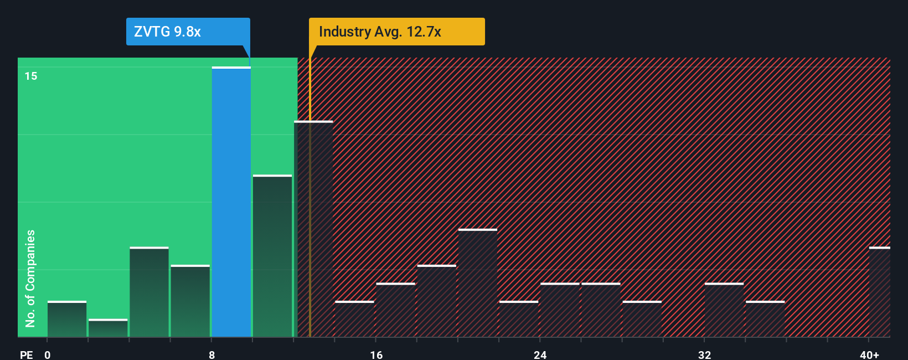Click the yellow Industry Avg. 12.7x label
click(396, 32)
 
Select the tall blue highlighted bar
click(231, 202)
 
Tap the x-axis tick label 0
click(48, 354)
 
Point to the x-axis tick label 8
click(211, 354)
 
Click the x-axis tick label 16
click(376, 354)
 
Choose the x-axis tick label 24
click(540, 354)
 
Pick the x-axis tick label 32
click(704, 354)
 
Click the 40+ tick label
click(869, 354)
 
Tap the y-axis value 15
click(31, 76)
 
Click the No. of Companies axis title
click(30, 278)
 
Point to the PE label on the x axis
click(26, 354)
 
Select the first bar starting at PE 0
click(67, 320)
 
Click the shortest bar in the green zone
click(108, 328)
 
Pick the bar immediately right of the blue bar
click(272, 256)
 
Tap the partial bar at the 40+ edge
click(879, 292)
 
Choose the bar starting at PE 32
click(724, 310)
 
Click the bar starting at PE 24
click(560, 310)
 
